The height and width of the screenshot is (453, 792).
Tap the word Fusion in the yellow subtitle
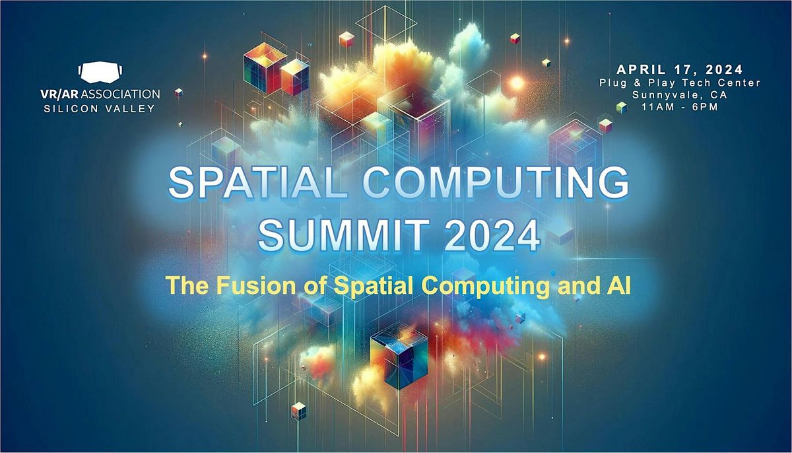point(227,286)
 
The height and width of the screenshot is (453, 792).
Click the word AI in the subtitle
point(612,286)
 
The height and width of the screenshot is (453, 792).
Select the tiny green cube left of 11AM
point(620,107)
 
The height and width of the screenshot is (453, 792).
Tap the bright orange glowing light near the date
point(516,84)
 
